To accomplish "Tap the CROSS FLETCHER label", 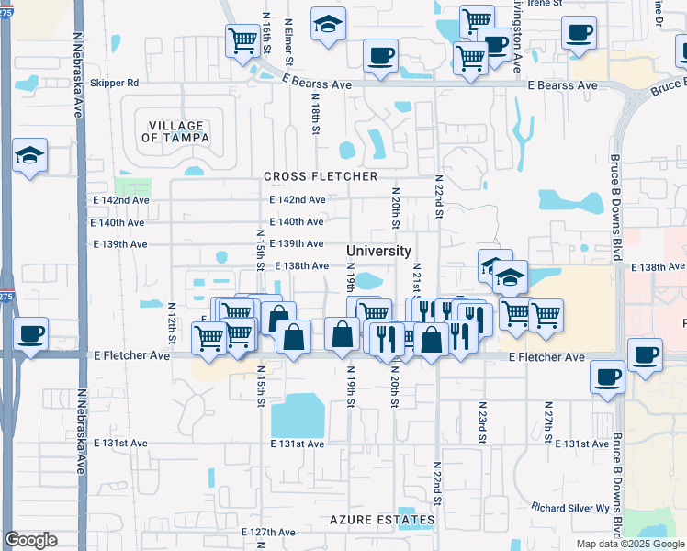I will click(321, 176).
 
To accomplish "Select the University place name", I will click(378, 251).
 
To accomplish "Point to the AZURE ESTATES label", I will click(382, 521).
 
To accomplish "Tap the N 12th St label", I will click(171, 317).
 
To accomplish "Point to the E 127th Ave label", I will click(268, 532).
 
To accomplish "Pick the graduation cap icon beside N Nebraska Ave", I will click(29, 157).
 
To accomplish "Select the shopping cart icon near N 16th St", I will click(242, 39).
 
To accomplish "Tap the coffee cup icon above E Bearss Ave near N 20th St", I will click(380, 55).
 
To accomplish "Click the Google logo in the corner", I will click(30, 540).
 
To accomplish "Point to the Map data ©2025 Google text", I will click(629, 544).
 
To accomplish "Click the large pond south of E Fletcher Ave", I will click(297, 415).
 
